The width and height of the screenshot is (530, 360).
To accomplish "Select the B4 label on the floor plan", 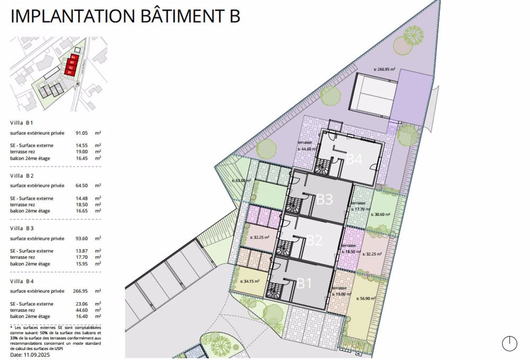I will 354,159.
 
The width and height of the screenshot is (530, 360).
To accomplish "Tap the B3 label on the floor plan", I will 324,199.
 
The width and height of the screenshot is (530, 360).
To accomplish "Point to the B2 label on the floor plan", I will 314,240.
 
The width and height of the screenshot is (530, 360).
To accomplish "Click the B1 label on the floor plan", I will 304,283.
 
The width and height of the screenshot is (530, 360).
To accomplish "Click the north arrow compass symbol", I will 509,343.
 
